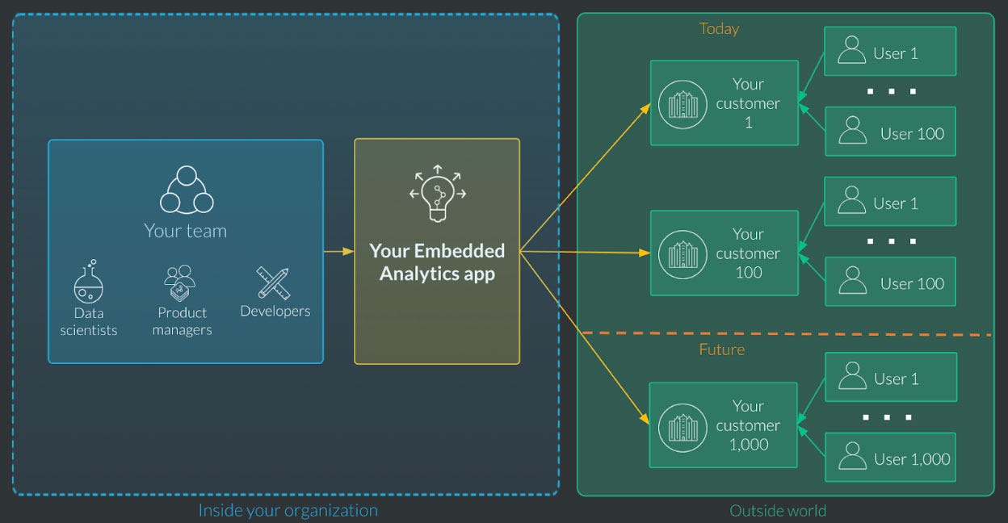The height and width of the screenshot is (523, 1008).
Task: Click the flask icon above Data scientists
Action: (89, 282)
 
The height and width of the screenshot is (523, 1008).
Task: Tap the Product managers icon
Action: (180, 282)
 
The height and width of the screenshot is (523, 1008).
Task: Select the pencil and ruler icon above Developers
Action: (273, 282)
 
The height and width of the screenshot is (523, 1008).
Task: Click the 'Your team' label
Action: (185, 231)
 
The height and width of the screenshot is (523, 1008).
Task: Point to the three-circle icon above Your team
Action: (186, 190)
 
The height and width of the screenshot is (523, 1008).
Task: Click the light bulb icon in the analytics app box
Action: (437, 194)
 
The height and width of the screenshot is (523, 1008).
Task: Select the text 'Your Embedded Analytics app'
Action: (437, 262)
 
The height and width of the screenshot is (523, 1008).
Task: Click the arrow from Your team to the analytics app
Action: (338, 251)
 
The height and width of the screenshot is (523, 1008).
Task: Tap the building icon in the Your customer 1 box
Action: (682, 104)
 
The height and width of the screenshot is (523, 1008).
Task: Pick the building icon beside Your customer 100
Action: (682, 253)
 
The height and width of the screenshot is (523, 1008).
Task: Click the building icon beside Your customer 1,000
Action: (682, 426)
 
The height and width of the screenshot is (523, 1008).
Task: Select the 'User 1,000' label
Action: (912, 459)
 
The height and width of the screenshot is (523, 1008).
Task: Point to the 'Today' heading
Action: (719, 29)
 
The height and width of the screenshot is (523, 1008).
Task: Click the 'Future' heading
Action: (721, 349)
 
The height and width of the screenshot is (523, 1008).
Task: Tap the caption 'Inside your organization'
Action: (288, 510)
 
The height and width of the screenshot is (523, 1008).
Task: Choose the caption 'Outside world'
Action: (778, 510)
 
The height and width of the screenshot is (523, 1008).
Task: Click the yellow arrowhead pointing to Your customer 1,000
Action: (645, 419)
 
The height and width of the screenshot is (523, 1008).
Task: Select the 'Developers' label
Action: (275, 312)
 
